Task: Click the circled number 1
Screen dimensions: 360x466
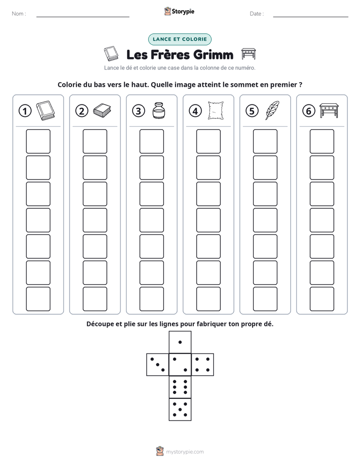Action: [x=25, y=111]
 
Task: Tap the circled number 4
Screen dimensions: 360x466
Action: [x=195, y=111]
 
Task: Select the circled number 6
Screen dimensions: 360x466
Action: [x=309, y=111]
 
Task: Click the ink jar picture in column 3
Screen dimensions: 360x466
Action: [x=158, y=110]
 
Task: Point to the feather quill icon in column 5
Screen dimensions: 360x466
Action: [x=272, y=110]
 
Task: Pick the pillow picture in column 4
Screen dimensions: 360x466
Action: [x=216, y=110]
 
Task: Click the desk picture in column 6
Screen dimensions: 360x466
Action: [x=329, y=110]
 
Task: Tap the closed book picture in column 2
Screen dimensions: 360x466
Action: [x=102, y=110]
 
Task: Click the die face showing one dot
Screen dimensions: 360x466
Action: [x=180, y=342]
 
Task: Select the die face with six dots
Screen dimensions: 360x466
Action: [x=180, y=387]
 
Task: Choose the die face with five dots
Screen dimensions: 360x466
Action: [x=180, y=409]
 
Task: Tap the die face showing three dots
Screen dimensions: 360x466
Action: [x=158, y=364]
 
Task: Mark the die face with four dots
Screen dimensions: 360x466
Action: [x=203, y=364]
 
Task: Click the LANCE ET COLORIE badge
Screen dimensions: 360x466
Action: [x=179, y=39]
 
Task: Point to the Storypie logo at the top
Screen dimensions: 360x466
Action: [x=179, y=11]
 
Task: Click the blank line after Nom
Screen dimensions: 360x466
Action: [x=83, y=17]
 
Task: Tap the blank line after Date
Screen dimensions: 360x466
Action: [x=311, y=17]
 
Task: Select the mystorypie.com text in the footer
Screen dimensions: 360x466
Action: [x=185, y=452]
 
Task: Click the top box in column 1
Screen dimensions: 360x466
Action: [x=38, y=141]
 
